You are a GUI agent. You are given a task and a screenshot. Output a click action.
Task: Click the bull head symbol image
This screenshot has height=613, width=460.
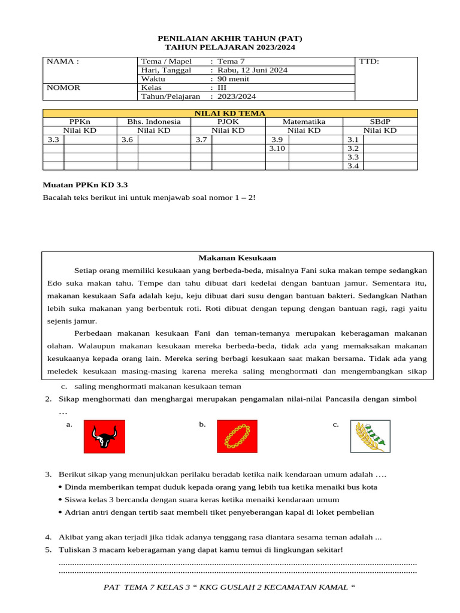pyautogui.click(x=104, y=436)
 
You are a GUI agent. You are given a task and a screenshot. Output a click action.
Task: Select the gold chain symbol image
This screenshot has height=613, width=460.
pyautogui.click(x=237, y=436)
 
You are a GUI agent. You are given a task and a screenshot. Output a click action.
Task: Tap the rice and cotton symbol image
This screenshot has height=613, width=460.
pyautogui.click(x=370, y=436)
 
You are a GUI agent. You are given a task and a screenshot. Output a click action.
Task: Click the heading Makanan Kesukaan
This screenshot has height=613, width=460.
pyautogui.click(x=237, y=257)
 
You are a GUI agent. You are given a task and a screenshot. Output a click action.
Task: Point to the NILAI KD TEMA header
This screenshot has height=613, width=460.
pyautogui.click(x=230, y=113)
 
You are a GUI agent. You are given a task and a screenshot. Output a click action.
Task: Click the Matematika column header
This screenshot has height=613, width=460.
pyautogui.click(x=304, y=122)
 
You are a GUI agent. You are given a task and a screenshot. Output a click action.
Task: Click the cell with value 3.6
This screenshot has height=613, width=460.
pyautogui.click(x=127, y=139)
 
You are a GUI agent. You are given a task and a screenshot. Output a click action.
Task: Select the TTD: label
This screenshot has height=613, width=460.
pyautogui.click(x=369, y=62)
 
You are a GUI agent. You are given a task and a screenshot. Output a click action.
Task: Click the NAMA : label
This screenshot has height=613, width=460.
pyautogui.click(x=62, y=62)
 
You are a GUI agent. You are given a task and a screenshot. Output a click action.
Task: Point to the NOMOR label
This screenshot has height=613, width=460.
pyautogui.click(x=63, y=87)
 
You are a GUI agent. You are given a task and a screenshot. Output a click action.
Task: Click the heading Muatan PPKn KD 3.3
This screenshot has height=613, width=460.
pyautogui.click(x=85, y=186)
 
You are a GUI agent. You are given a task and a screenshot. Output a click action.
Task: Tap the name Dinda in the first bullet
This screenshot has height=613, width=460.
pyautogui.click(x=75, y=487)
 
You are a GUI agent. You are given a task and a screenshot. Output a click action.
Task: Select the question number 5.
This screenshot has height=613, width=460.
pyautogui.click(x=48, y=550)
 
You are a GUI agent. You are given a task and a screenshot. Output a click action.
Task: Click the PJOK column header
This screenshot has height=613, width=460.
pyautogui.click(x=228, y=122)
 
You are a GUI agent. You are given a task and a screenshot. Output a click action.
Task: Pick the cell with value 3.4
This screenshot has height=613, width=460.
pyautogui.click(x=353, y=166)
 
